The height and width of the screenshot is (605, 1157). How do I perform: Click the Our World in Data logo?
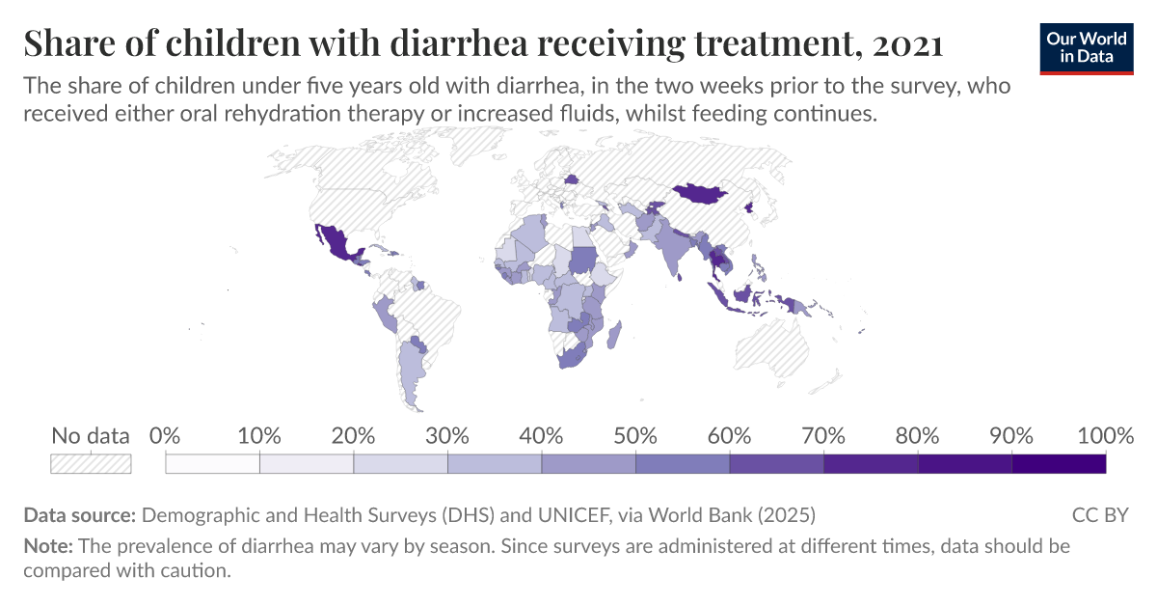1087,45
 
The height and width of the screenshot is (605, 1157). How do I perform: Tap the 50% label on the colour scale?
635,436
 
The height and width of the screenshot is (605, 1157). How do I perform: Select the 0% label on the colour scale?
166,436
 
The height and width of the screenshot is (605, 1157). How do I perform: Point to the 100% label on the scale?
1105,436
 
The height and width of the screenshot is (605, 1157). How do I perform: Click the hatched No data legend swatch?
91,464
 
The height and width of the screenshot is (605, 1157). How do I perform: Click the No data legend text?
91,436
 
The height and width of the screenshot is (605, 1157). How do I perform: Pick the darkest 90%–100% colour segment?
1059,464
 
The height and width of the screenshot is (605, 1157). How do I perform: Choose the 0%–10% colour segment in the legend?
213,464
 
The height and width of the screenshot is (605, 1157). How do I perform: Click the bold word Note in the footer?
47,545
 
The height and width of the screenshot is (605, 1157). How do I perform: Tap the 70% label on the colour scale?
822,436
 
